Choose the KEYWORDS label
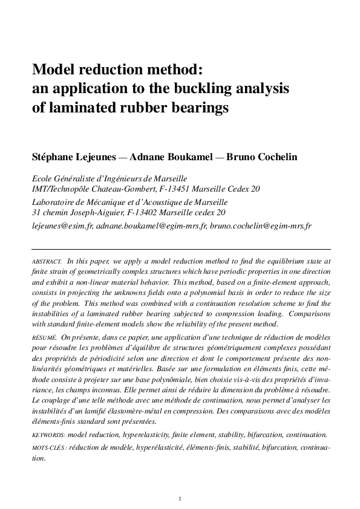[x=49, y=435]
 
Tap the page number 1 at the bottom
[x=180, y=499]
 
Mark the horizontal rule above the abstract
[x=180, y=249]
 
